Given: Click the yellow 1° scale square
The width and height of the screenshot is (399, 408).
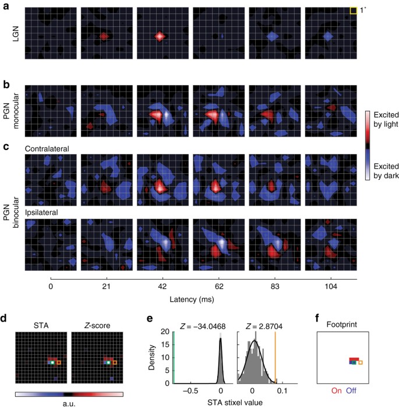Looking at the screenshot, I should pyautogui.click(x=353, y=11).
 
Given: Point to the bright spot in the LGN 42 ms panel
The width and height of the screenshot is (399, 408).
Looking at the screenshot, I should pyautogui.click(x=160, y=36).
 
